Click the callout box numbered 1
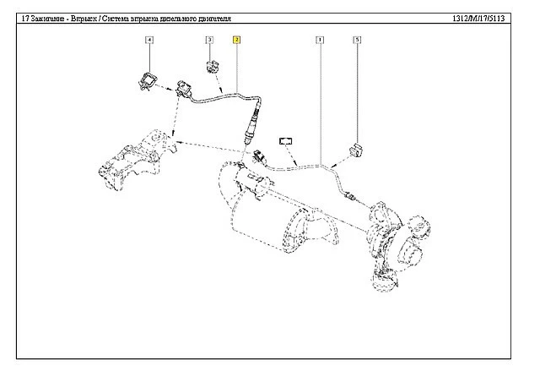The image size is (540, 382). [320, 40]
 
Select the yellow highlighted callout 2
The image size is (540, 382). [237, 40]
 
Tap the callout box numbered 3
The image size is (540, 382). [208, 40]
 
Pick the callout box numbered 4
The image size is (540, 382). [149, 40]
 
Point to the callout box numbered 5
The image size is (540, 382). [357, 40]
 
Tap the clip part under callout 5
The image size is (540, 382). [356, 147]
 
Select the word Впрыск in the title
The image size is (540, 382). [88, 17]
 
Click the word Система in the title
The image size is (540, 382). [124, 17]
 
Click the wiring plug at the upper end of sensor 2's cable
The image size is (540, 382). [184, 88]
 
